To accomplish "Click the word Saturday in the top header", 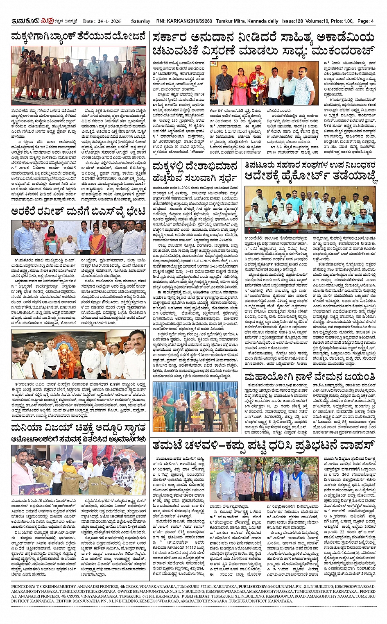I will (x=140, y=21).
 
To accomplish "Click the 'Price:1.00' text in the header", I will (x=341, y=21).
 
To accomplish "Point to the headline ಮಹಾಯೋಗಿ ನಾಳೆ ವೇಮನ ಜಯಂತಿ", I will (x=309, y=377).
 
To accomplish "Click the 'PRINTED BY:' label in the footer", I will (x=23, y=587).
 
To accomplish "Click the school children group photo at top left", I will (x=78, y=75).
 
